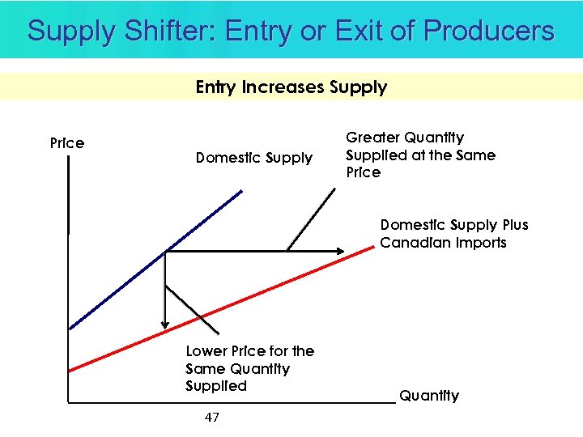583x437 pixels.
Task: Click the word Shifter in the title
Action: tap(169, 31)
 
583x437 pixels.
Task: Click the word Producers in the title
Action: tap(489, 31)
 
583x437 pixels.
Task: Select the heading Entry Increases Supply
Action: tap(291, 87)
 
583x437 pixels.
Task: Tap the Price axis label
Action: tap(67, 143)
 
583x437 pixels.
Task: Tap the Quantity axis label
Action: tap(429, 396)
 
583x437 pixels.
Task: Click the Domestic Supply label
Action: tap(253, 158)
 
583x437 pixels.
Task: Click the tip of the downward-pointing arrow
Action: tap(165, 328)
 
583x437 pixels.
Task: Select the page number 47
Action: tap(212, 418)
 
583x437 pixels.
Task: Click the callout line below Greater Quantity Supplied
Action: tap(312, 218)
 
